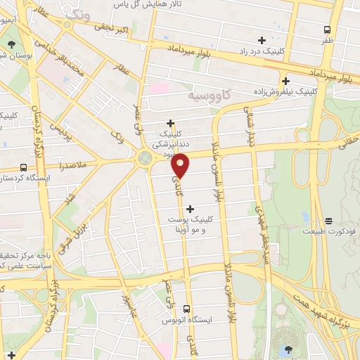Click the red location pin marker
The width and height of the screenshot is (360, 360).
(181, 165)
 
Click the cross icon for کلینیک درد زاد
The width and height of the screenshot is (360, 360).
(262, 40)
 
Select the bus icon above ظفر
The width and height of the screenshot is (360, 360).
(327, 30)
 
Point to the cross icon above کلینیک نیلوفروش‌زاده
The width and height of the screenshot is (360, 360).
(285, 80)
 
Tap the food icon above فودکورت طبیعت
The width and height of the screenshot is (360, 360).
(328, 221)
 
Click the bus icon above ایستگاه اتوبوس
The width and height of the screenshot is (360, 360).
(186, 309)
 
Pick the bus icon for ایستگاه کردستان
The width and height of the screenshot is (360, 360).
(24, 167)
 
